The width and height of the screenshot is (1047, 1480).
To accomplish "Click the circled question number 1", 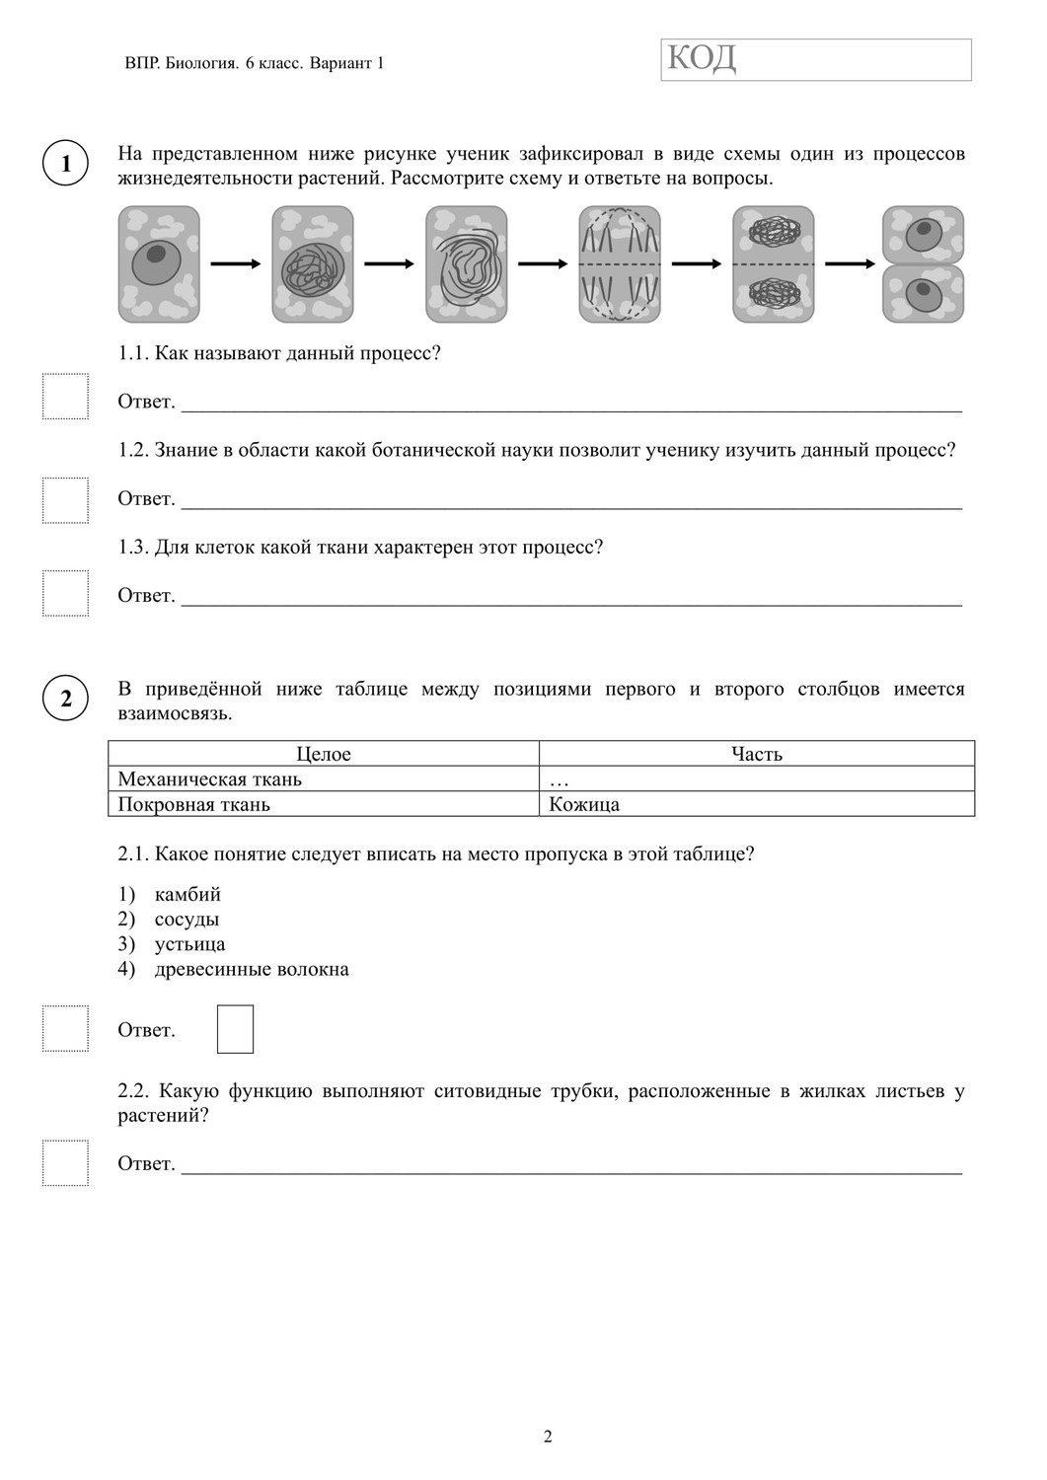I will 66,163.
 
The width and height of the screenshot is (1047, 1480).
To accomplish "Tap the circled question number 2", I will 66,699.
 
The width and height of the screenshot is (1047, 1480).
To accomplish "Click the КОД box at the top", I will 815,60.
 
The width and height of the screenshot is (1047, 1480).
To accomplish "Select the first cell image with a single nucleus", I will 159,263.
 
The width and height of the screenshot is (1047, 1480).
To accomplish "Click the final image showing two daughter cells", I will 923,263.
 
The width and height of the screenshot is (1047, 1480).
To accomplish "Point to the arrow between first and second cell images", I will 236,263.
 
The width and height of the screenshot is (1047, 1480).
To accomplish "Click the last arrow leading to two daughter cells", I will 850,263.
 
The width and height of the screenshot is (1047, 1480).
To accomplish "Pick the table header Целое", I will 324,754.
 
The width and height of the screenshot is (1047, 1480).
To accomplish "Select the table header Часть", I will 756,754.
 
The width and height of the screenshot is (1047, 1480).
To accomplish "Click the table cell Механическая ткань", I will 210,779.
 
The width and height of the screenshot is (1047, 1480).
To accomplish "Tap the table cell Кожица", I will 584,804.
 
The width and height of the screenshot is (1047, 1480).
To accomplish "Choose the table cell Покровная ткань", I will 194,804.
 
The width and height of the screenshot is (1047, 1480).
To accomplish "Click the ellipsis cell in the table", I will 560,779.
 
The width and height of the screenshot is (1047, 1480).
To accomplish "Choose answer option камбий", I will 187,895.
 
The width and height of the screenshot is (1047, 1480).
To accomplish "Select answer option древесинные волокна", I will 252,969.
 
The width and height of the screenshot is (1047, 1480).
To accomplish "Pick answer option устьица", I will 189,944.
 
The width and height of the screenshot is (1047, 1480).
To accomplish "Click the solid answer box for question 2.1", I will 235,1029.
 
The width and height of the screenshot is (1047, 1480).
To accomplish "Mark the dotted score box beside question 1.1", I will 65,397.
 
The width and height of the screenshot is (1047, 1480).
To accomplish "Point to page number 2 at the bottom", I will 548,1437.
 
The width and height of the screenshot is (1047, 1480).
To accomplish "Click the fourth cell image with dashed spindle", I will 620,263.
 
